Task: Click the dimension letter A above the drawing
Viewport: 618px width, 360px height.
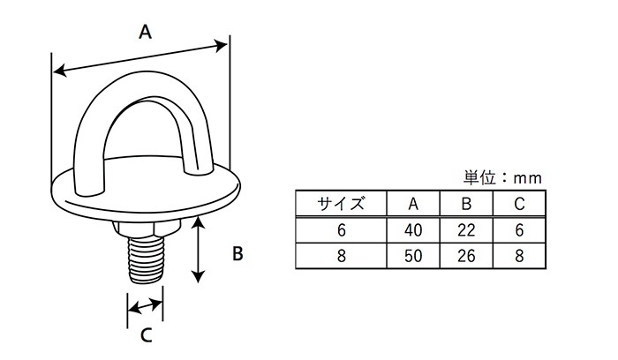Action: [147, 33]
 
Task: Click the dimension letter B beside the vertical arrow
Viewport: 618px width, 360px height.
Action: [237, 254]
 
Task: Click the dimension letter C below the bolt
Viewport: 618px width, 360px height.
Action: [147, 335]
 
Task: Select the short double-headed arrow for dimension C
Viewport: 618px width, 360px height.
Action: [146, 307]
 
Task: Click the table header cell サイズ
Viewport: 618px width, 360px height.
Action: [341, 205]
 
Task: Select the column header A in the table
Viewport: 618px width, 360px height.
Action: [413, 205]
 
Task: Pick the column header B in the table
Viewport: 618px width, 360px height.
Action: [466, 205]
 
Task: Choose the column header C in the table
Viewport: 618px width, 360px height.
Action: [519, 205]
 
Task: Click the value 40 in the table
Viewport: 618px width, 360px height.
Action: [413, 230]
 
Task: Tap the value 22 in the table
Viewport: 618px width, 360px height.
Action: [466, 230]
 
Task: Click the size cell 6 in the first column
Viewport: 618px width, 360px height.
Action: [341, 230]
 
